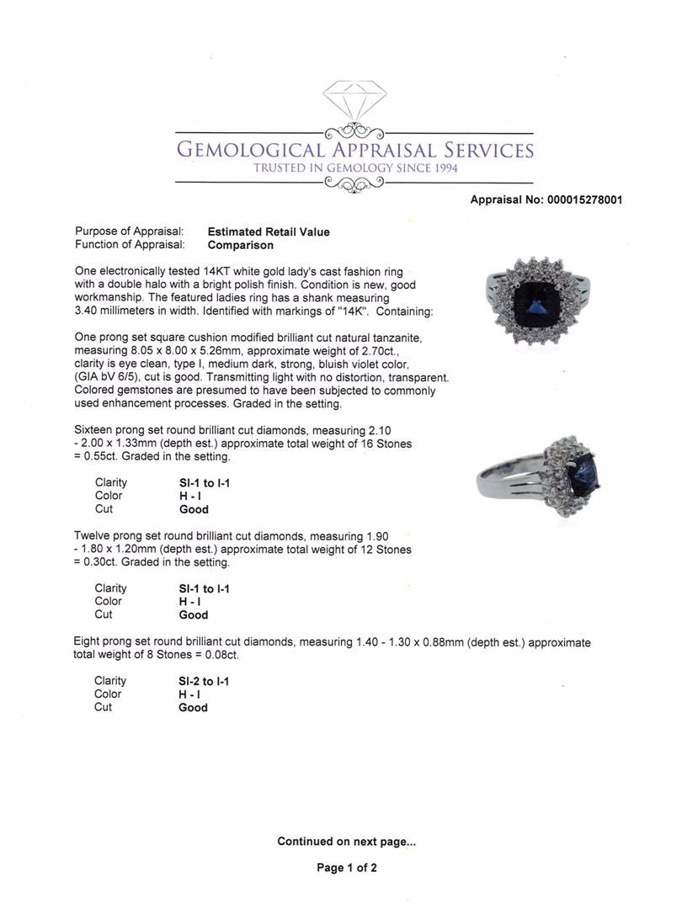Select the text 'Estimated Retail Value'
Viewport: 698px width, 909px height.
269,231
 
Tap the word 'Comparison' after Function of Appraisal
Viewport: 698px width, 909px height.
240,245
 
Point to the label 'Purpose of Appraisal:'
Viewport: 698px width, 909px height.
130,231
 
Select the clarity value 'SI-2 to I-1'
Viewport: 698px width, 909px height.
204,681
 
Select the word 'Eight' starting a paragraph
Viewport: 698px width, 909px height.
88,642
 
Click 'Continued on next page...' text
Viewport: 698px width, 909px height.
346,841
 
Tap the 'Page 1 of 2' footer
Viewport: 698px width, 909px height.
347,868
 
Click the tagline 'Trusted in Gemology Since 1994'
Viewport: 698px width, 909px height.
354,168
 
